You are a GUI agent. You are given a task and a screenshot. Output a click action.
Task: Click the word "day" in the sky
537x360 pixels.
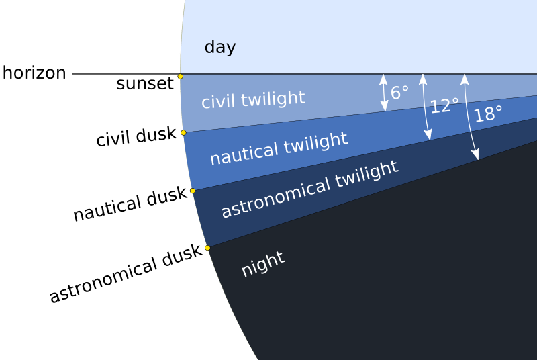pyautogui.click(x=219, y=48)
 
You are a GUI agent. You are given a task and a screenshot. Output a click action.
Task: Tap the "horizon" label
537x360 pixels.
pyautogui.click(x=34, y=73)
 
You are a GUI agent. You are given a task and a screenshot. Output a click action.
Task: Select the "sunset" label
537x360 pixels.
pyautogui.click(x=144, y=84)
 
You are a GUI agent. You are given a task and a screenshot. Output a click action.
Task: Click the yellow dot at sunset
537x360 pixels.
pyautogui.click(x=180, y=77)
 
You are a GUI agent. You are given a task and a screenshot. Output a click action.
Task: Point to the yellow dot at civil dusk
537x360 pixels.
pyautogui.click(x=183, y=133)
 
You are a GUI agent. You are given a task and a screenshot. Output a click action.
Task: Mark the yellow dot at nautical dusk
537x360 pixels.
pyautogui.click(x=193, y=191)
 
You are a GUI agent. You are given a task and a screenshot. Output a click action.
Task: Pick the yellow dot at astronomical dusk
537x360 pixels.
pyautogui.click(x=207, y=248)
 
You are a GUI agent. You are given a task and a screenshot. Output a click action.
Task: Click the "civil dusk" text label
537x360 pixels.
pyautogui.click(x=136, y=138)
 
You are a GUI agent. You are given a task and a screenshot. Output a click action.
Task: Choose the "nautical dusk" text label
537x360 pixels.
pyautogui.click(x=130, y=205)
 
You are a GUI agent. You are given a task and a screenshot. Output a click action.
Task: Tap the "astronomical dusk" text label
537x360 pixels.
pyautogui.click(x=126, y=273)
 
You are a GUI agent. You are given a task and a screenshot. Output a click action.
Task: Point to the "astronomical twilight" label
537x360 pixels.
pyautogui.click(x=309, y=189)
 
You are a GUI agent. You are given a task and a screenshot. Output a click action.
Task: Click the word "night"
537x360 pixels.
pyautogui.click(x=263, y=264)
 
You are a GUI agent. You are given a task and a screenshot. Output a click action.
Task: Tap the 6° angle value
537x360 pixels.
pyautogui.click(x=399, y=93)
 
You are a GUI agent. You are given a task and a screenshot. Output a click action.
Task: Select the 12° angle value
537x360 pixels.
pyautogui.click(x=444, y=106)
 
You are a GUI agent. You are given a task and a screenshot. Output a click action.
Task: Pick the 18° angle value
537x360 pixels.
pyautogui.click(x=488, y=115)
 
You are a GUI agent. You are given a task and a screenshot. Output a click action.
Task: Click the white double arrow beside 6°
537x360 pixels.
pyautogui.click(x=384, y=92)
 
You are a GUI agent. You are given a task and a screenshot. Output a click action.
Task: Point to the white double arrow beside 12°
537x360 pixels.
pyautogui.click(x=426, y=107)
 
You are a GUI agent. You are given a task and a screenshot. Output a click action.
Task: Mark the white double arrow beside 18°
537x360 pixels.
pyautogui.click(x=470, y=117)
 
